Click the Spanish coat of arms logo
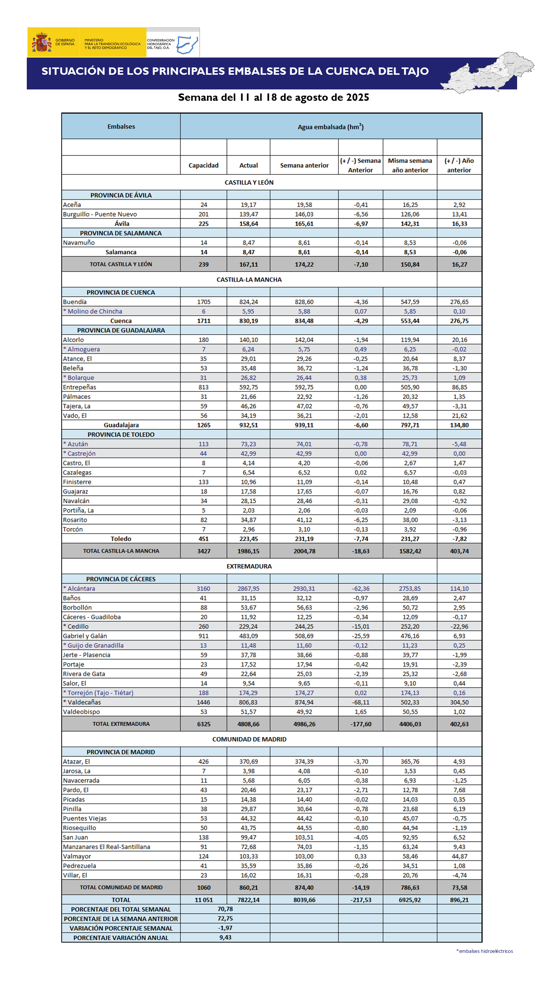click(x=42, y=43)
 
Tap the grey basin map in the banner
click(x=488, y=73)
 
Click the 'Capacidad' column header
click(x=203, y=165)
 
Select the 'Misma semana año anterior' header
click(x=410, y=165)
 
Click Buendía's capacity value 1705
click(x=203, y=302)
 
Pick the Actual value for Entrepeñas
click(x=248, y=387)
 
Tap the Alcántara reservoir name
click(x=81, y=589)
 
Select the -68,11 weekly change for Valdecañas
click(x=361, y=703)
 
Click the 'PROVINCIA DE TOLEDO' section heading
click(x=121, y=435)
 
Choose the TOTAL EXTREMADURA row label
click(x=121, y=724)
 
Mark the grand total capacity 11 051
click(x=203, y=900)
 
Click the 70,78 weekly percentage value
click(x=225, y=909)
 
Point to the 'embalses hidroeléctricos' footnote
click(x=485, y=951)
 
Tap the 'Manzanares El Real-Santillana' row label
click(x=107, y=847)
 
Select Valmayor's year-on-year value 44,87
click(x=459, y=856)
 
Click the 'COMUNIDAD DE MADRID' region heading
click(x=249, y=739)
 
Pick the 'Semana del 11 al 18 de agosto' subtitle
click(x=273, y=97)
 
